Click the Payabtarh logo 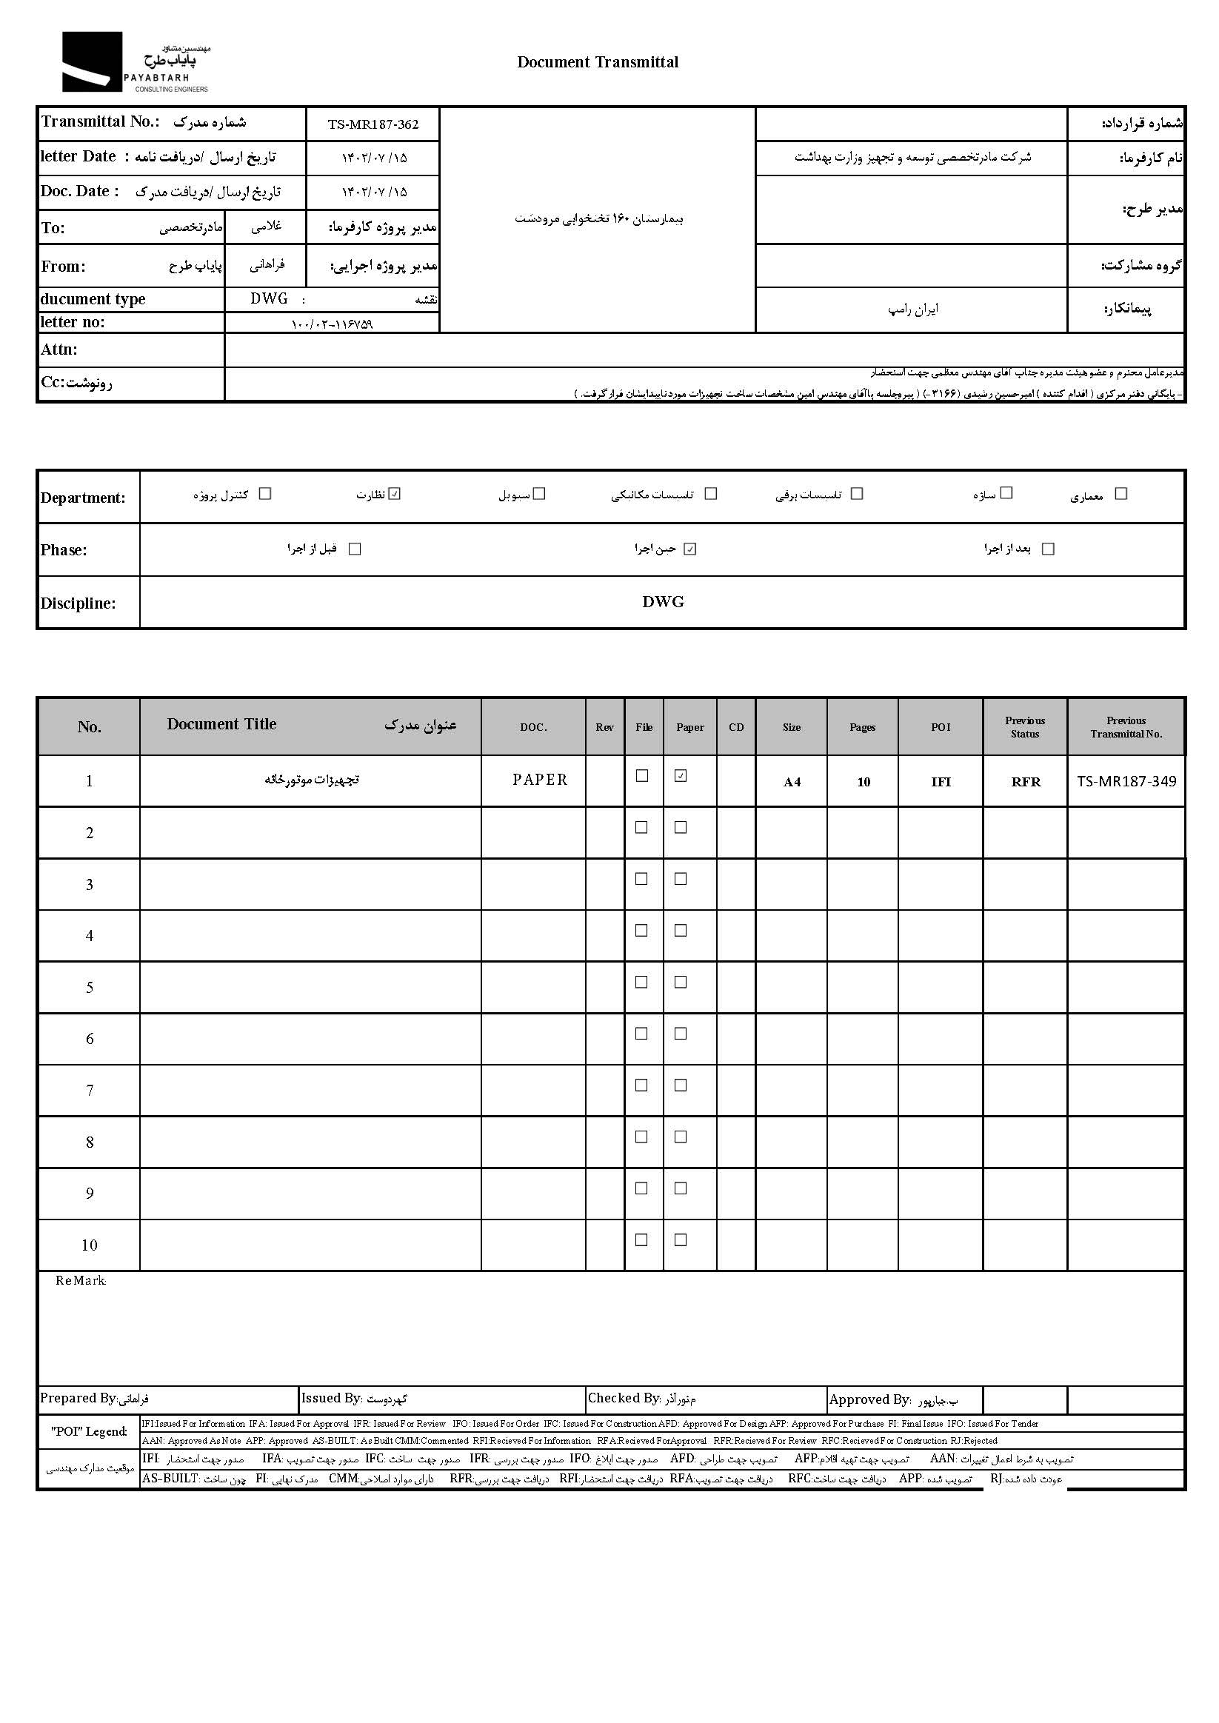pos(135,62)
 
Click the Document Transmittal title pos(598,62)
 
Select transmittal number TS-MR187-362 pos(373,124)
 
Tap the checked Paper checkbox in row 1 pos(681,776)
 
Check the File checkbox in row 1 pos(642,776)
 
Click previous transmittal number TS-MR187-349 pos(1126,781)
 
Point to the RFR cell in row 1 pos(1026,782)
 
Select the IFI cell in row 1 pos(941,782)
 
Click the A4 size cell pos(792,782)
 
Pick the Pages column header pos(863,727)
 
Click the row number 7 pos(90,1091)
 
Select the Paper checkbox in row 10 pos(681,1239)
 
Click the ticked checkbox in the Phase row pos(690,549)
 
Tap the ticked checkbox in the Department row pos(395,494)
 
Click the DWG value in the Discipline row pos(663,602)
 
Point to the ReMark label pos(80,1280)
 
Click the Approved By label pos(869,1399)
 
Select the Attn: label pos(59,349)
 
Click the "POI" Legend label pos(90,1431)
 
